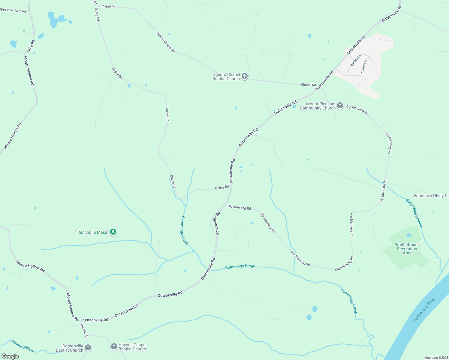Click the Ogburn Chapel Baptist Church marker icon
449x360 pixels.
[245, 76]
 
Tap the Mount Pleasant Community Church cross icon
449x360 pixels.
[340, 105]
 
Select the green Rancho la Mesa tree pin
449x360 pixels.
[113, 232]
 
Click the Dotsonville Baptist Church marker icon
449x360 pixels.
[88, 348]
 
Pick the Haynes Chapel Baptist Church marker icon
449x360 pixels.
[114, 346]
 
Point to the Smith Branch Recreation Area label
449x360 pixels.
[407, 249]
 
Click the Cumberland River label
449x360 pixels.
[424, 310]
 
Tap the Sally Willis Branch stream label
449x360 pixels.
[414, 213]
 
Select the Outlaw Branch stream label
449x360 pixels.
[22, 346]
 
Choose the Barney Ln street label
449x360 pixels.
[356, 60]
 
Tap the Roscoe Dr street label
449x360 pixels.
[364, 66]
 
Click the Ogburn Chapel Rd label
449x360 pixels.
[166, 42]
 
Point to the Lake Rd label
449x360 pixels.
[31, 46]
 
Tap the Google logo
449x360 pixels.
[10, 356]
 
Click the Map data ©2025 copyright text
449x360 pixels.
[436, 358]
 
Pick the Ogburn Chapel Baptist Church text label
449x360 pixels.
[226, 76]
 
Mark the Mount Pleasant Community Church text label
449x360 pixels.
[318, 106]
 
